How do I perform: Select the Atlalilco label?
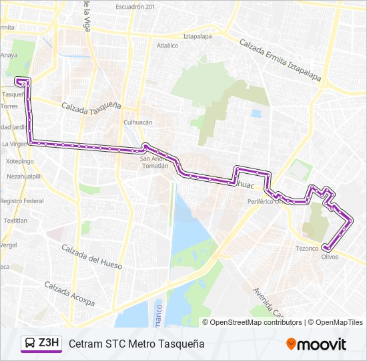(x=167, y=46)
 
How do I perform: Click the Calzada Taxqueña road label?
(x=91, y=106)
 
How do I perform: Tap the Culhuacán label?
(x=138, y=122)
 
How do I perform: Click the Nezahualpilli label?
(x=23, y=176)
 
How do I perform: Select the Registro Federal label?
(x=21, y=201)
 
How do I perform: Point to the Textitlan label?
(x=15, y=220)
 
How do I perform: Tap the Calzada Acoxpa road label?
(x=69, y=294)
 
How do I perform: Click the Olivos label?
(x=330, y=257)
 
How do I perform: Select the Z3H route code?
(x=49, y=344)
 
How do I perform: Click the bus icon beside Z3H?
(x=30, y=344)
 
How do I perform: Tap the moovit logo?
(x=316, y=344)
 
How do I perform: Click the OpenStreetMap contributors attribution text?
(x=256, y=322)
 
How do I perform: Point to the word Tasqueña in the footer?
(x=180, y=344)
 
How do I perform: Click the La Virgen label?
(x=13, y=144)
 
